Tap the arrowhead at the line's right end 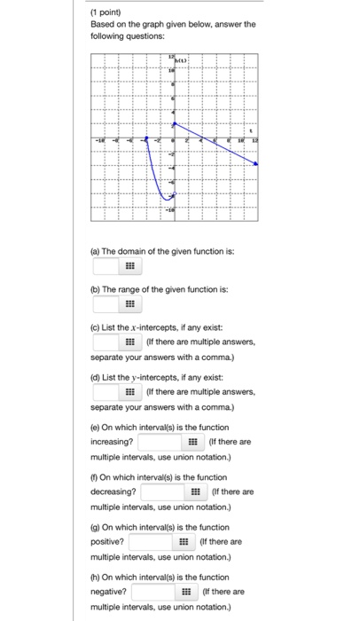(256, 164)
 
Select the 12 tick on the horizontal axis (254, 140)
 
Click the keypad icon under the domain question (129, 265)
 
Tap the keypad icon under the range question (129, 303)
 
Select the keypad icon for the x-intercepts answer (129, 342)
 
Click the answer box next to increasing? (160, 441)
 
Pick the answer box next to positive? (152, 541)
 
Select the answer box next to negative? (153, 591)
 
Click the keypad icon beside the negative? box (187, 591)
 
